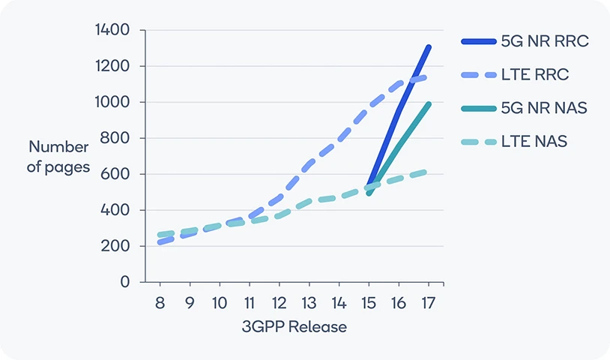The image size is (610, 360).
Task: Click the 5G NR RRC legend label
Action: [x=544, y=41]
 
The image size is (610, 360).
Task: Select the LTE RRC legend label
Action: [x=535, y=75]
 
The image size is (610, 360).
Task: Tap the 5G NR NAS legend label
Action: [x=544, y=108]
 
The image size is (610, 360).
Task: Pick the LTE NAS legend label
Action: [x=534, y=141]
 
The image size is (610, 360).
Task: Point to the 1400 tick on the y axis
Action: [x=113, y=30]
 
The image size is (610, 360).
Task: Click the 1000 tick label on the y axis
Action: [x=113, y=102]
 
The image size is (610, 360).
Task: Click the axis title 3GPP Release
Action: [x=295, y=328]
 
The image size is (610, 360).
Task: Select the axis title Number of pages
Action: [x=58, y=156]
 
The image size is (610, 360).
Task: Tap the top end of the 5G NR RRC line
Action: [x=428, y=47]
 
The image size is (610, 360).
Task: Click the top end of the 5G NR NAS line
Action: [x=429, y=104]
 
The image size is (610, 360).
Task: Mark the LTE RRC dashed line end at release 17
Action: [x=426, y=76]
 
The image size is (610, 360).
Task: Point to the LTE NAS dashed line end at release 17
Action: [x=426, y=172]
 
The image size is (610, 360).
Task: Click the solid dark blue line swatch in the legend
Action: [x=478, y=42]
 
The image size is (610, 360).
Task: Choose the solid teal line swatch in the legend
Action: [x=478, y=108]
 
